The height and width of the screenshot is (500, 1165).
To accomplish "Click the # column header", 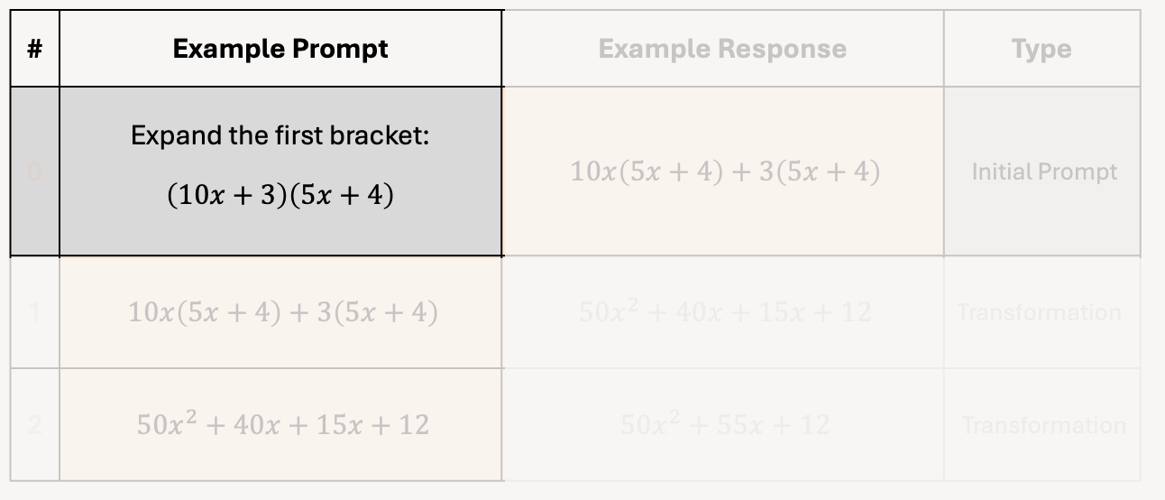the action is [34, 49].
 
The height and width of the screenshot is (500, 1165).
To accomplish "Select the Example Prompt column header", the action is [280, 49].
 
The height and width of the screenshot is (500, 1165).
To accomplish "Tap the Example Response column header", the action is [722, 49].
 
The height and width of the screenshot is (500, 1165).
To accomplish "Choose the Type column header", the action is [1041, 49].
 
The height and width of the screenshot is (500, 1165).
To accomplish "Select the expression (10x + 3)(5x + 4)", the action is [280, 195].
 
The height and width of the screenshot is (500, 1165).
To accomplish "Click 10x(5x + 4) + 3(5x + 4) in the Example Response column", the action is [724, 171].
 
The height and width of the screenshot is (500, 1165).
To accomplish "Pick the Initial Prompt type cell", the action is [1044, 171].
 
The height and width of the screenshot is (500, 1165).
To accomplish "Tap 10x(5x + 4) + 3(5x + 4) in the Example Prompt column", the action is [282, 312].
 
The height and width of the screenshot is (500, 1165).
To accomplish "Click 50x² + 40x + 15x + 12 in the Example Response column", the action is [724, 312].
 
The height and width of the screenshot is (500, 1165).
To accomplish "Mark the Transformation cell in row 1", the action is [1039, 312].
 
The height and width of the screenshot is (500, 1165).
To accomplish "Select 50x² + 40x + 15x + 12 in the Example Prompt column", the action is [282, 424].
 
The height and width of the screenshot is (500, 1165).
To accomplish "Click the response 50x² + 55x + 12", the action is [724, 424].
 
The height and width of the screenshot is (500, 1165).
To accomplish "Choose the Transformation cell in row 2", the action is [1043, 424].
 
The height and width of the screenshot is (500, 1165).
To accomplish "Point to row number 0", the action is [35, 171].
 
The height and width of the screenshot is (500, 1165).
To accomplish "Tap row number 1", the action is [35, 312].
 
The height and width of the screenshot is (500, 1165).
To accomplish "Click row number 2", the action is [35, 424].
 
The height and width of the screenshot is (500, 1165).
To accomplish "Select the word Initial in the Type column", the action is [1000, 171].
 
